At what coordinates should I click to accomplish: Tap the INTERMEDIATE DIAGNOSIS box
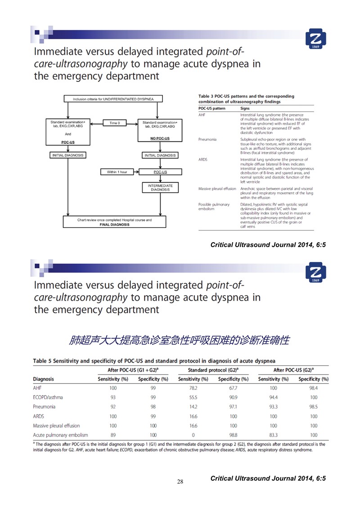click(x=160, y=188)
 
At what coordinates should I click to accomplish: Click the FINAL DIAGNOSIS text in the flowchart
click(x=114, y=224)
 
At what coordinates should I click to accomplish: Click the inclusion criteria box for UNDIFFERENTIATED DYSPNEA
click(x=112, y=99)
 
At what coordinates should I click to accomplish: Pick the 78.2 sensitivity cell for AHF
click(x=193, y=387)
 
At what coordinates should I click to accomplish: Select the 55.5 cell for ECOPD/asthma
click(x=193, y=397)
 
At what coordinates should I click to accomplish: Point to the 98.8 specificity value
click(x=233, y=435)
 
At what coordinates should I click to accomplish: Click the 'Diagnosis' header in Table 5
click(x=44, y=379)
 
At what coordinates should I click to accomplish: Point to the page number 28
click(x=180, y=482)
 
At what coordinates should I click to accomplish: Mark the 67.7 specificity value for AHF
click(x=233, y=387)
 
